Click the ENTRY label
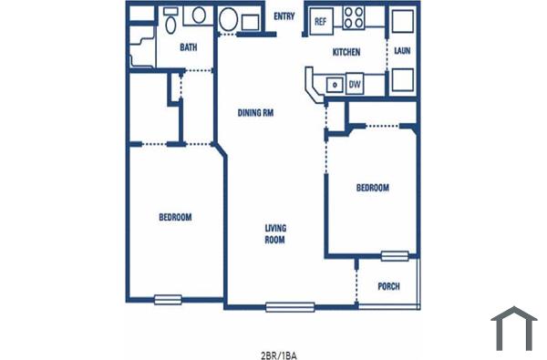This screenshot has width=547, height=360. [x=284, y=15]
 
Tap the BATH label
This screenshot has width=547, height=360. [x=188, y=47]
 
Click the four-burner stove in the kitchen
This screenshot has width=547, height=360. [x=353, y=18]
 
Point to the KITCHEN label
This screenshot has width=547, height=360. [x=346, y=52]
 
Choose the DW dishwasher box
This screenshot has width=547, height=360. [x=354, y=84]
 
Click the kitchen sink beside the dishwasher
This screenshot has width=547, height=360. [x=335, y=84]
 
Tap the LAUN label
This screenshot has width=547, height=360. [x=401, y=52]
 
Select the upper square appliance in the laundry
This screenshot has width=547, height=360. [x=402, y=21]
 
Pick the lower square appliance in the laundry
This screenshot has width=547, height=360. [x=402, y=81]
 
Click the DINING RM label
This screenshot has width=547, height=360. [x=256, y=113]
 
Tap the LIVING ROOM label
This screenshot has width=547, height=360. [x=275, y=234]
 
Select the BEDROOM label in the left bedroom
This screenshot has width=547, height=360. [x=175, y=217]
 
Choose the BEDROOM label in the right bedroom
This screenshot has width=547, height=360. [x=372, y=188]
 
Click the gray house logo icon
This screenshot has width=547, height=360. [x=514, y=328]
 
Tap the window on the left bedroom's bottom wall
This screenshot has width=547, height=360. [x=168, y=299]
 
